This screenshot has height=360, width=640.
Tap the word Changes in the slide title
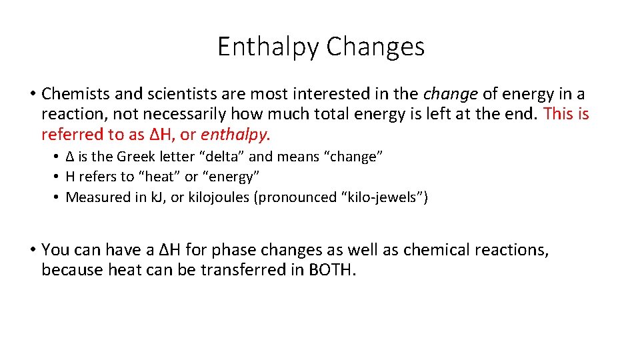point(375,47)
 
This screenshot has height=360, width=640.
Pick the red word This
point(559,115)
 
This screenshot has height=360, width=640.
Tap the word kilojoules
point(221,197)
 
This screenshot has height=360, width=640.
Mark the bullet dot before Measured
point(58,197)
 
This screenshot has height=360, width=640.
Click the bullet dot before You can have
point(32,250)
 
